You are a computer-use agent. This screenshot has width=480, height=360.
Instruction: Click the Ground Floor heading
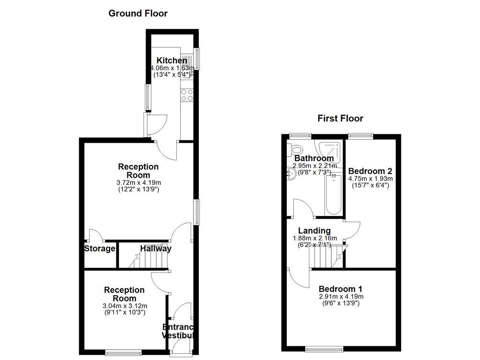[138, 13]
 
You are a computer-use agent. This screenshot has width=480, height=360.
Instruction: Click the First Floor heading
[340, 118]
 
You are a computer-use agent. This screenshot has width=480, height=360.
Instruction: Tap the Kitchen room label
[172, 60]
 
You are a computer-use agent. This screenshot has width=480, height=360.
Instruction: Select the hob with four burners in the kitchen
[187, 95]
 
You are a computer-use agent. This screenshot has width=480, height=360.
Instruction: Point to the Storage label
[100, 248]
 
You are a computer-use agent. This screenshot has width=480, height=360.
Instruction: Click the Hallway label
[156, 248]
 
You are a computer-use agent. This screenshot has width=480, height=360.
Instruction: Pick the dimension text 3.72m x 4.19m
[138, 183]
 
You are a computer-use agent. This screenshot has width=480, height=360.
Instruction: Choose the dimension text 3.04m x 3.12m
[124, 306]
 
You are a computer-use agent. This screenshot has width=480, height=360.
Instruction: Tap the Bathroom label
[314, 158]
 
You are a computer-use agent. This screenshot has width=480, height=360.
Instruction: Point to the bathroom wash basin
[292, 173]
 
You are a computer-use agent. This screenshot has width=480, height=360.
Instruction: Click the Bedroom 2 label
[370, 171]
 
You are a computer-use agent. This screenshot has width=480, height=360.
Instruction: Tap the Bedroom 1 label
[340, 289]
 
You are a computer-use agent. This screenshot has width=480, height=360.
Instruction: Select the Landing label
[315, 231]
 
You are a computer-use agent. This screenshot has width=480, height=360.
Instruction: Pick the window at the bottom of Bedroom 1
[323, 349]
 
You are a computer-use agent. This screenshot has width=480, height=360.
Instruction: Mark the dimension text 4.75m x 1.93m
[370, 179]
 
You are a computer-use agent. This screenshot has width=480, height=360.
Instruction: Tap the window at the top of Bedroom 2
[360, 136]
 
